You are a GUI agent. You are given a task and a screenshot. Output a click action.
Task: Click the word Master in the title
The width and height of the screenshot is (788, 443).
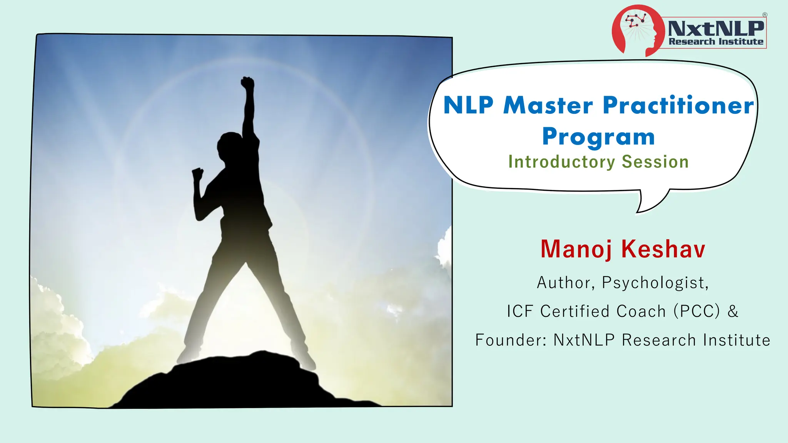[x=548, y=105]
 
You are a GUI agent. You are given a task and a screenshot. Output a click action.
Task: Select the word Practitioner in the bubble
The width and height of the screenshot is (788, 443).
[x=678, y=105]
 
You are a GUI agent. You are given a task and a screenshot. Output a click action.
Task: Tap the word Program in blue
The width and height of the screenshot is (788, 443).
[x=598, y=137]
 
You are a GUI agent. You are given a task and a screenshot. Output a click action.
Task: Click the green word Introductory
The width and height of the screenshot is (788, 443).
[x=562, y=162]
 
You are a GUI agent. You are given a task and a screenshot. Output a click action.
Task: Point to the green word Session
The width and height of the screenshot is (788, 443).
[x=655, y=162]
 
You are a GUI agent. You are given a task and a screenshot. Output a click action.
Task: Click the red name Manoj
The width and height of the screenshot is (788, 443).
[x=576, y=249]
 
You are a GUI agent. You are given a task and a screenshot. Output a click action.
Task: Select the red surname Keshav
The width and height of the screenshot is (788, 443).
[x=663, y=249]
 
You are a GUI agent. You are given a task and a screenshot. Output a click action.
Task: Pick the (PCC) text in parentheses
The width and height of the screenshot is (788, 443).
[x=696, y=311]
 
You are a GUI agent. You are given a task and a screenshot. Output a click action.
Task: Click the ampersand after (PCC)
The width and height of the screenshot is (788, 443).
[x=733, y=311]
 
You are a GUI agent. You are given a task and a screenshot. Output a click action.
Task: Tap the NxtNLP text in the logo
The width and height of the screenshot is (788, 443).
[x=716, y=28]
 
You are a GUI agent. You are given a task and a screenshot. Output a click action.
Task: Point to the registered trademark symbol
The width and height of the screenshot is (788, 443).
[x=765, y=15]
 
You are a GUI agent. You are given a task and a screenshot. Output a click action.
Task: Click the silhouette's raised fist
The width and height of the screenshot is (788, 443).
[x=248, y=83]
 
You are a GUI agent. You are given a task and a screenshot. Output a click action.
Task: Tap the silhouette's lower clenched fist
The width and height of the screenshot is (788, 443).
[x=197, y=173]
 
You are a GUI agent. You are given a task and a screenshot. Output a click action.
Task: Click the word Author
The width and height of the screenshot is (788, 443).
[x=564, y=283]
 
